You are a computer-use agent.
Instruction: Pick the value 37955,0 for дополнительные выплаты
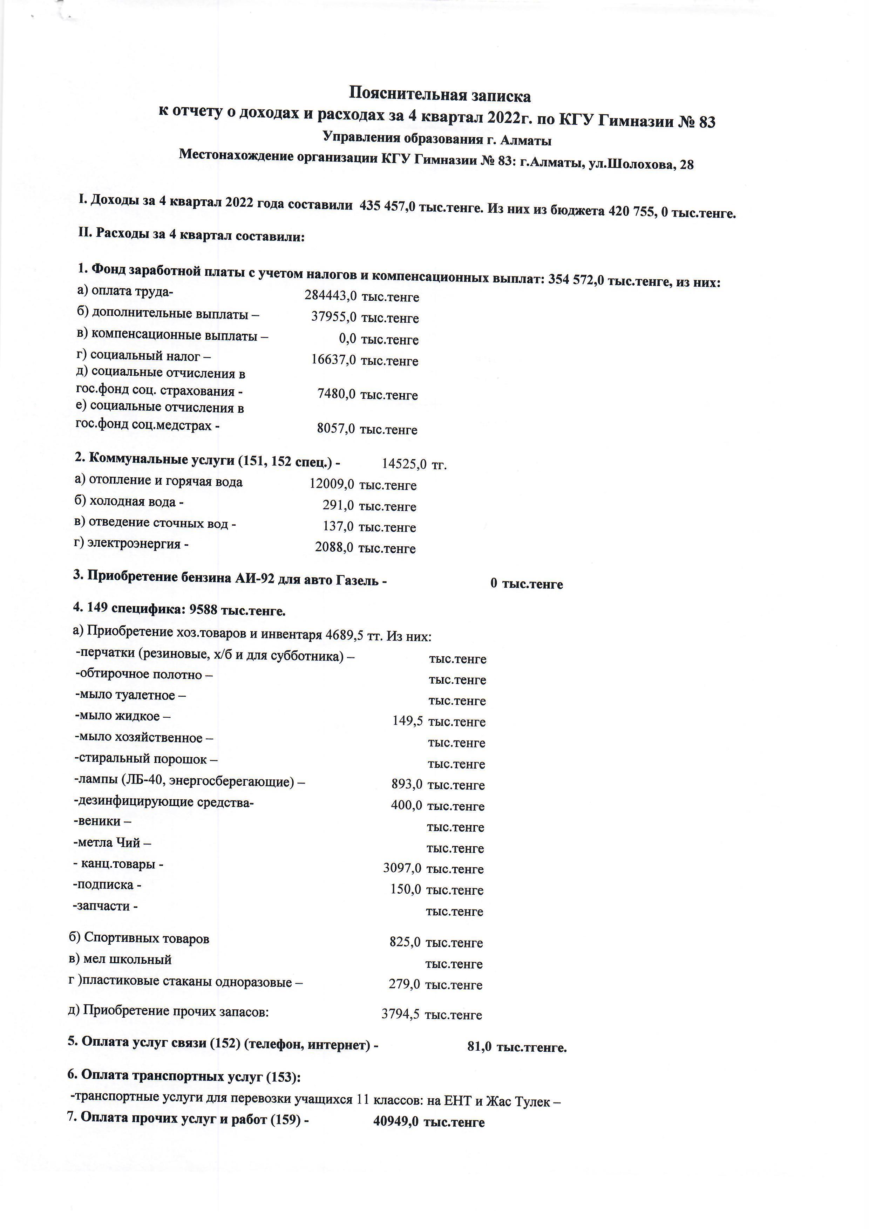click(x=334, y=317)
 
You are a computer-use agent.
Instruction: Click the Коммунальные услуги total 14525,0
click(x=404, y=464)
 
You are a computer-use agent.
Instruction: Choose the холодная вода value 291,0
click(x=338, y=505)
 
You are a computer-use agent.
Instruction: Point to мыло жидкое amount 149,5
click(x=407, y=721)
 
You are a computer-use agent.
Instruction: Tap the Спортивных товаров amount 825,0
click(x=405, y=942)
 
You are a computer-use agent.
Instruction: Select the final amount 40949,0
click(x=396, y=1121)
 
